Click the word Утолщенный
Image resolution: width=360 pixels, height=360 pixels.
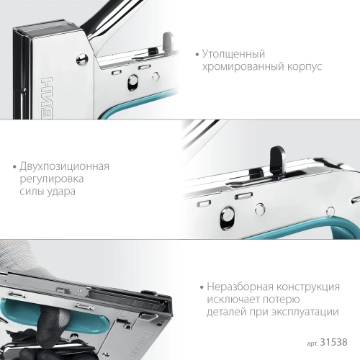[235, 54]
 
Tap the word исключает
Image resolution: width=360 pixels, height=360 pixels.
[233, 300]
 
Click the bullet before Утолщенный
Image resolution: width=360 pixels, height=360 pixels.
[197, 55]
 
